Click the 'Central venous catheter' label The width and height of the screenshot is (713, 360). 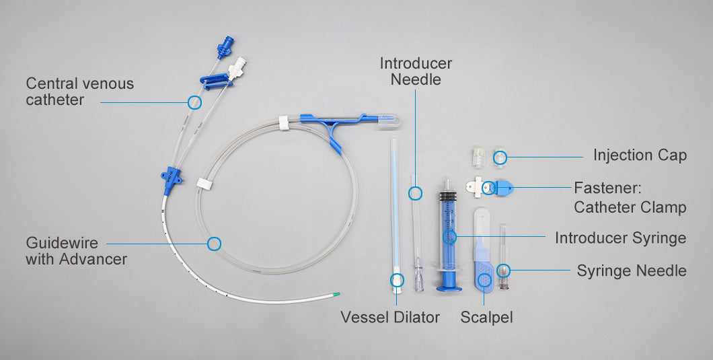pyautogui.click(x=79, y=92)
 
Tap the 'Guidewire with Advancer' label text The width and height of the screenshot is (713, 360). pyautogui.click(x=76, y=251)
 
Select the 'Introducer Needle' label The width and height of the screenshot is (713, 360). pyautogui.click(x=416, y=71)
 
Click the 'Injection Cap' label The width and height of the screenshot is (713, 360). pyautogui.click(x=640, y=155)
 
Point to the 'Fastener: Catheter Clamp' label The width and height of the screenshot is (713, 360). pyautogui.click(x=630, y=197)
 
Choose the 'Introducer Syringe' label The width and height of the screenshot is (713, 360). pyautogui.click(x=620, y=238)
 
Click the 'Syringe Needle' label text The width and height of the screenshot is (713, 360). pyautogui.click(x=632, y=271)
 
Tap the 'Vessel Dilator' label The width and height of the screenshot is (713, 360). pyautogui.click(x=390, y=317)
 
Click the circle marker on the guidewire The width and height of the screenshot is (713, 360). pyautogui.click(x=214, y=244)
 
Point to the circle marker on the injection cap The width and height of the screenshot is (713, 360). pyautogui.click(x=500, y=157)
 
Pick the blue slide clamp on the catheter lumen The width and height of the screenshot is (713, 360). pyautogui.click(x=215, y=81)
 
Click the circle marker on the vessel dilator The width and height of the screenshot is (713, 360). pyautogui.click(x=397, y=279)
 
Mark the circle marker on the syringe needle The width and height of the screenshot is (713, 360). pyautogui.click(x=503, y=271)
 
